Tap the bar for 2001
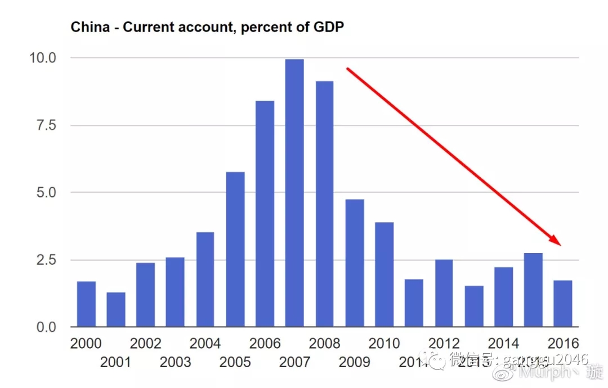pos(116,309)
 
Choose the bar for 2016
pos(562,303)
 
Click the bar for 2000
pos(86,304)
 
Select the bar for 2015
pos(533,290)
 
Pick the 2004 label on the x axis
pos(205,343)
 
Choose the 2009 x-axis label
pos(354,362)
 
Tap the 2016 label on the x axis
pos(563,343)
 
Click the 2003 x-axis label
pos(175,362)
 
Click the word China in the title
pos(90,27)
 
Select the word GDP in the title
pos(329,27)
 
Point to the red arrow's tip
pos(561,245)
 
